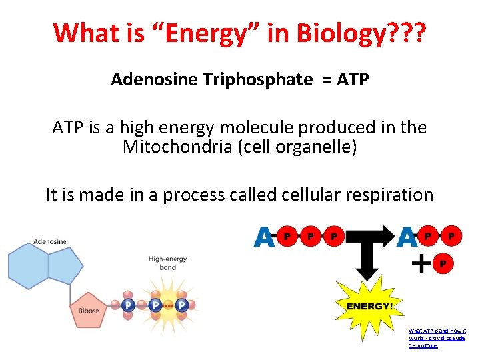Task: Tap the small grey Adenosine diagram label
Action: [50, 241]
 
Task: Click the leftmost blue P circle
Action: [129, 305]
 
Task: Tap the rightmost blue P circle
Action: [181, 305]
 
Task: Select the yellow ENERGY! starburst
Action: [365, 305]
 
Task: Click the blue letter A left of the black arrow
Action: [264, 237]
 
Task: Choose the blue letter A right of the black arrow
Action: [407, 237]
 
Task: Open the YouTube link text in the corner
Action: [437, 338]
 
